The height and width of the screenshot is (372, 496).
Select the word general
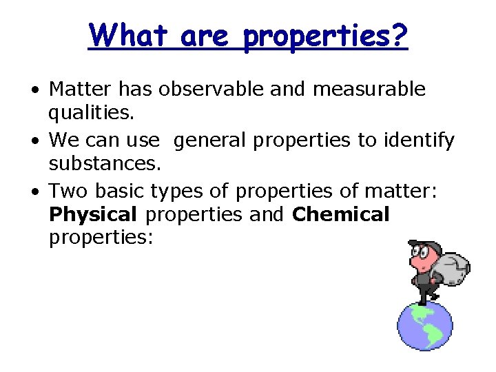coord(211,141)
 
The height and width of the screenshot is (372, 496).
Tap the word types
coord(176,191)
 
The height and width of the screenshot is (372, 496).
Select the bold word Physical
coord(94,215)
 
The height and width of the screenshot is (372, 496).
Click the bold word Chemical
coord(341,215)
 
